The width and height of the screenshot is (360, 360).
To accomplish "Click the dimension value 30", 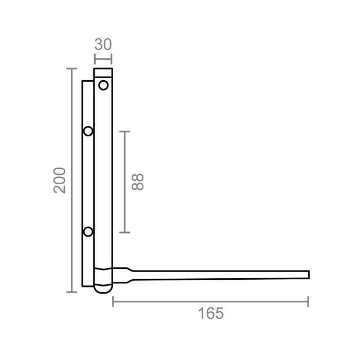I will (x=103, y=45).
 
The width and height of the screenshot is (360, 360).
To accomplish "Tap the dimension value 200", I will (x=61, y=180).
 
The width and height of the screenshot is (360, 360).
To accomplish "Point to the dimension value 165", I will (x=211, y=313).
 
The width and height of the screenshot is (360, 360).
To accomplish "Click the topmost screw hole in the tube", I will (x=103, y=85).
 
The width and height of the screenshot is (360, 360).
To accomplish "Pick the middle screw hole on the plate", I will (x=88, y=132).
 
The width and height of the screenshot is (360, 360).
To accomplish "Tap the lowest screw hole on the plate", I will (x=88, y=232).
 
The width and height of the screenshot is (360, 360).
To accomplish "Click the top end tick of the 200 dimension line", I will (x=72, y=68).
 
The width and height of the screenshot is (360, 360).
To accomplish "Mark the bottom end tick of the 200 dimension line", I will (x=72, y=292).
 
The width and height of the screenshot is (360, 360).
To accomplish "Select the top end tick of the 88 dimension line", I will (x=124, y=132).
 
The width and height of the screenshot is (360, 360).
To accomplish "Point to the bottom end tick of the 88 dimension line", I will (x=124, y=232).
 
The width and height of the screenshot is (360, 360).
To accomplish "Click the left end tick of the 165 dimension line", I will (x=113, y=302).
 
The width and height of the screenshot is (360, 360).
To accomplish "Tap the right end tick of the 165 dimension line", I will (x=308, y=302).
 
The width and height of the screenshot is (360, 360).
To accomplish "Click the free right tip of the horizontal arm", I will (x=308, y=274).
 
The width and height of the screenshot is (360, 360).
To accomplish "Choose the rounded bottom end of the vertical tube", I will (x=103, y=290).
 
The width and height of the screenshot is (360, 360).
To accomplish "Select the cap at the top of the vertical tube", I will (x=103, y=73).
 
